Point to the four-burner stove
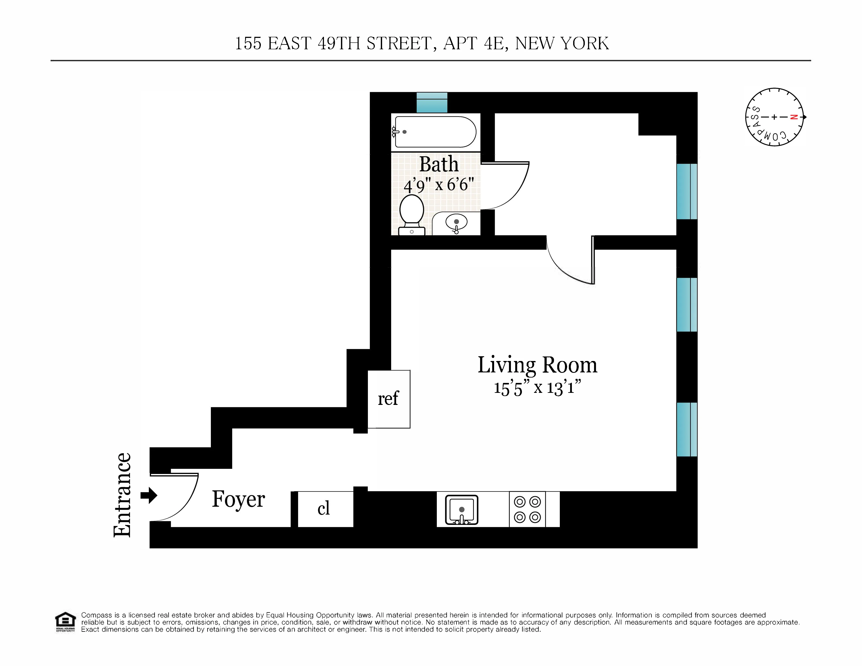pyautogui.click(x=527, y=509)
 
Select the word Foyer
pyautogui.click(x=238, y=499)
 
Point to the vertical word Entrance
pyautogui.click(x=122, y=495)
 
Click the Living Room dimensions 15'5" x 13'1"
pyautogui.click(x=537, y=387)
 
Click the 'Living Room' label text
pyautogui.click(x=537, y=365)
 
